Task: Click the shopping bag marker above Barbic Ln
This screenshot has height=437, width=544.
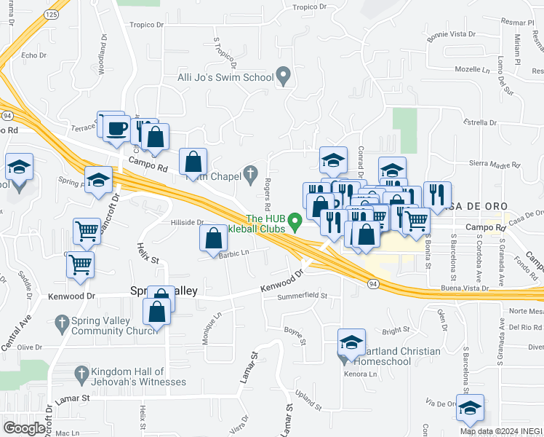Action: [213, 238]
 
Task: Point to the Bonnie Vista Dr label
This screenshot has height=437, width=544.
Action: [451, 34]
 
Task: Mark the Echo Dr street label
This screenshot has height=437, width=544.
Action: [34, 55]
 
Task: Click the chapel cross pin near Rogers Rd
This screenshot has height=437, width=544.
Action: [251, 173]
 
